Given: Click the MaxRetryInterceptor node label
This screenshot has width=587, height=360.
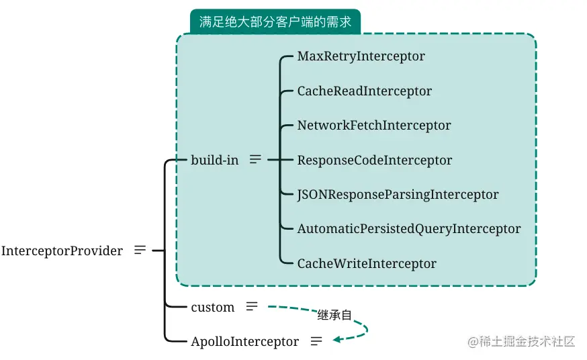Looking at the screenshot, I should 361,56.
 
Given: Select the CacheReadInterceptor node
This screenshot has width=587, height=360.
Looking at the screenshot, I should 364,91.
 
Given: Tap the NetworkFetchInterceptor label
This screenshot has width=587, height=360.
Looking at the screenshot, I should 374,126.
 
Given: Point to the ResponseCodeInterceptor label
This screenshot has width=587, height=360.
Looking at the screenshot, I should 374,161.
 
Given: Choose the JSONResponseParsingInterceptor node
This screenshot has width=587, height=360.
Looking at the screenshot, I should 398,195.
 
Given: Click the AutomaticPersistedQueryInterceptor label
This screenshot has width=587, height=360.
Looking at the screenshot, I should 408,229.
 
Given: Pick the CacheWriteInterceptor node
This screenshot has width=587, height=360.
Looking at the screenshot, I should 367,264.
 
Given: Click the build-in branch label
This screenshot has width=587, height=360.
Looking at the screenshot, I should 214,161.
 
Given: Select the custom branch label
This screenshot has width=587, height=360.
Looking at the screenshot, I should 212,307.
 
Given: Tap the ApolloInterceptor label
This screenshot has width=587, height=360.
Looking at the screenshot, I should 244,342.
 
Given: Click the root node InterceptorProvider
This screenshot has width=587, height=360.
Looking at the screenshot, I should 62,251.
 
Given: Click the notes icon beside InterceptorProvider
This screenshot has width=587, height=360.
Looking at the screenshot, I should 140,250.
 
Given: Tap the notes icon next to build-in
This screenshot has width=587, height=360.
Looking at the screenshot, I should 255,160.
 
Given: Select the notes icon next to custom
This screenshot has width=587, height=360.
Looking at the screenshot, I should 251,306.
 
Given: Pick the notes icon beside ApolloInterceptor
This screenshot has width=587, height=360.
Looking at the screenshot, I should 316,341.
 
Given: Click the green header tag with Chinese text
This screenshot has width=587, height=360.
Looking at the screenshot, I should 275,21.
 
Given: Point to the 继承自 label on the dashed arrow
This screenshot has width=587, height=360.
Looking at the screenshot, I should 334,315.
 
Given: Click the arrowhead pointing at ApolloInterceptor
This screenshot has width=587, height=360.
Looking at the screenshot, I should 338,339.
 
